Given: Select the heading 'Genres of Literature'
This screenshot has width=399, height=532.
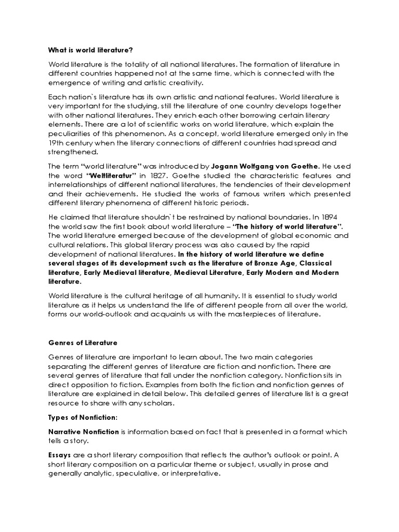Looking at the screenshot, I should pos(83,343).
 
